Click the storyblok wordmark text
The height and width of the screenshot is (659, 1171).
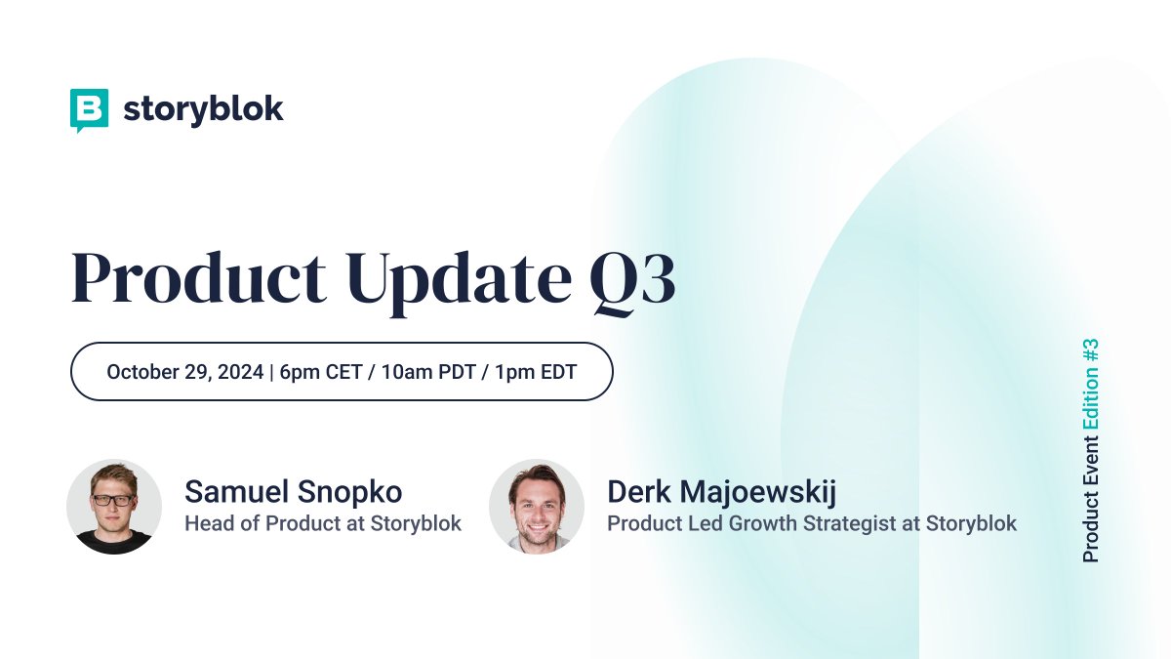203,109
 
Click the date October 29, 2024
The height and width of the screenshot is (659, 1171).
184,372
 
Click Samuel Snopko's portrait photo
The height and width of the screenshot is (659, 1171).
114,507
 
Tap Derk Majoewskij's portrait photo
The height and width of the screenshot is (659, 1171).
537,507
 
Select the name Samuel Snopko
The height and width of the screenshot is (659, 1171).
293,492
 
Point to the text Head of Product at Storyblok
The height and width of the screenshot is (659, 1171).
323,523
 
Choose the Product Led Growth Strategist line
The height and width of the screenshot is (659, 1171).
811,523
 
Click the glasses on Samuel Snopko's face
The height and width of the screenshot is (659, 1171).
113,499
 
